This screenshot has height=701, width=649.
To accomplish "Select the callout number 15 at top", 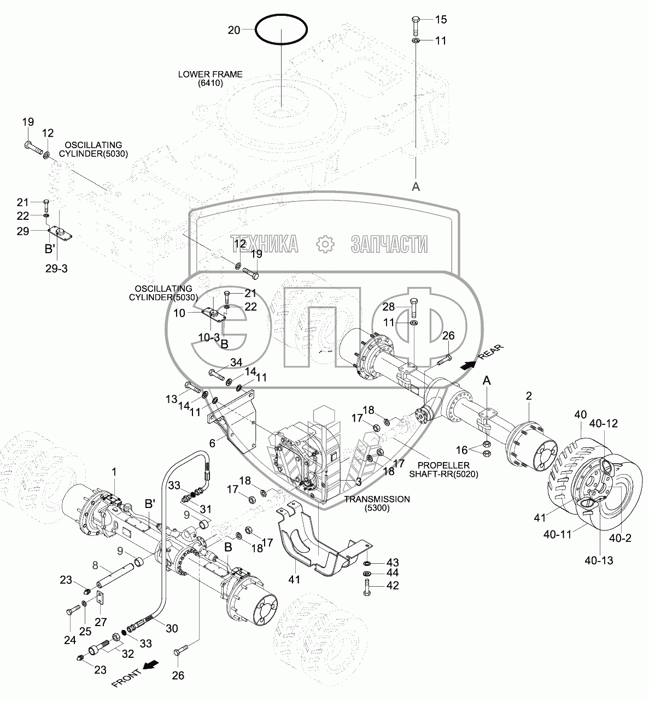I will (441, 20).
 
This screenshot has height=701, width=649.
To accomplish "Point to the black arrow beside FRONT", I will (151, 664).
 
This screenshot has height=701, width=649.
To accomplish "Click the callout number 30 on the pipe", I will (172, 628).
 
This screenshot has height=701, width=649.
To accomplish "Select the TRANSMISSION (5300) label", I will (377, 504).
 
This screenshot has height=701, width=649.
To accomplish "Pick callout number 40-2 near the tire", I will (620, 538).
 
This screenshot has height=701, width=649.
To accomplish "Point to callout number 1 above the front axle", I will (114, 471).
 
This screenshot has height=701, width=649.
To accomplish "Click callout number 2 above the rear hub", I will (529, 395).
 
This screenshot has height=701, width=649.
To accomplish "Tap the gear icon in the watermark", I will (325, 244).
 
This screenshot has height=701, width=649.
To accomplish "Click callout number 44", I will (393, 573).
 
